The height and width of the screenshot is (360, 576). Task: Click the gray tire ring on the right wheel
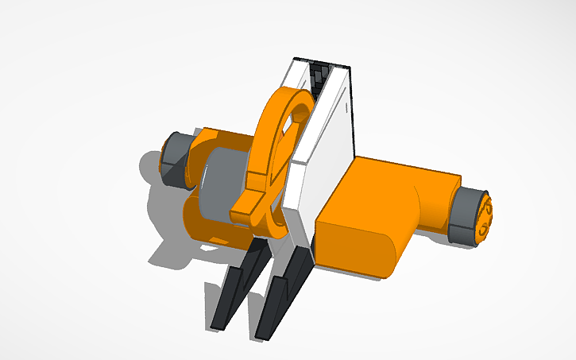point(462,215)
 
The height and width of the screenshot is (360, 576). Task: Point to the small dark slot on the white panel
point(348,104)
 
